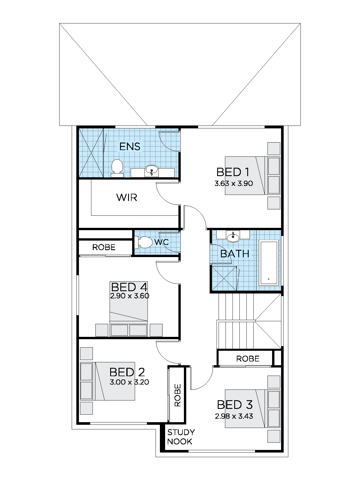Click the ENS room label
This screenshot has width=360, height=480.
[x=130, y=146]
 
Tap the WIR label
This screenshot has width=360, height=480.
[x=127, y=197]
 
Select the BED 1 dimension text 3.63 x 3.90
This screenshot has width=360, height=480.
[x=234, y=183]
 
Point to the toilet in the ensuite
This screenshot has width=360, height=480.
[x=117, y=168]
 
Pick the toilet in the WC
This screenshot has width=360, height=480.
[x=144, y=242]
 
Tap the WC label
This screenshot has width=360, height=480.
[x=161, y=242]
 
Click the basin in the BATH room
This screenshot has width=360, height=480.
[x=233, y=237]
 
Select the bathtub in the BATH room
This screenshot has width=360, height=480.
[x=269, y=263]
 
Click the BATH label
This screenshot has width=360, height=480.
[x=235, y=254]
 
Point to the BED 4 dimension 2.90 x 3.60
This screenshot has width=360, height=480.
[x=130, y=296]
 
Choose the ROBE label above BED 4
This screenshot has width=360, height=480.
[x=104, y=247]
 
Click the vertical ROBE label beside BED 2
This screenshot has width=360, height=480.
[x=178, y=395]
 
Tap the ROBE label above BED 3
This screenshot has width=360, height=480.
[x=248, y=359]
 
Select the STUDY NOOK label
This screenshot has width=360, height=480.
[x=181, y=437]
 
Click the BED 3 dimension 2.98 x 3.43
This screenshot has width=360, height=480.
[x=234, y=416]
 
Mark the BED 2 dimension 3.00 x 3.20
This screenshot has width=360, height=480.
[x=129, y=382]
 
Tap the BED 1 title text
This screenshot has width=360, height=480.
[x=233, y=172]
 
